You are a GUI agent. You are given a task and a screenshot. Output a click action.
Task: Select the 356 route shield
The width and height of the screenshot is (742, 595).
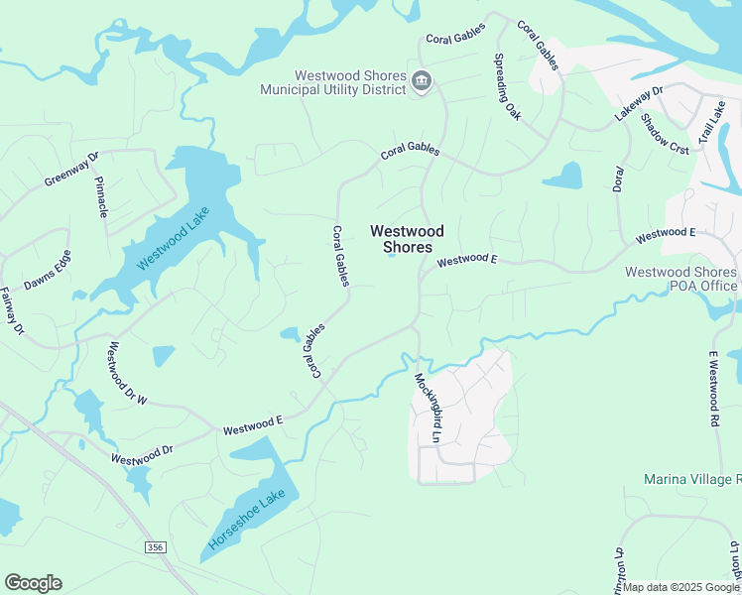[154, 546]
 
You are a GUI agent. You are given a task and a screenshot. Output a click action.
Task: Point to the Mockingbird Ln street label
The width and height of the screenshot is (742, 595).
[427, 407]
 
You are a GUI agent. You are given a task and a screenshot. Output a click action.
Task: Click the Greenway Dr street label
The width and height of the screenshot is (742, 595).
[72, 170]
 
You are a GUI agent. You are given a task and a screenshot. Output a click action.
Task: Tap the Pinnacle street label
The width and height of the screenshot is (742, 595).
[101, 197]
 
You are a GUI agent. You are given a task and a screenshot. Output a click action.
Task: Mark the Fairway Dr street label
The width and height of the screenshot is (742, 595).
[11, 310]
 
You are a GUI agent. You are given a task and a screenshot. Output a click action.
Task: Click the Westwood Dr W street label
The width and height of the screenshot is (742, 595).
[128, 373]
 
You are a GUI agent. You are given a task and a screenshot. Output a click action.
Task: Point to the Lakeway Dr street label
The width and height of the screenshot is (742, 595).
[638, 104]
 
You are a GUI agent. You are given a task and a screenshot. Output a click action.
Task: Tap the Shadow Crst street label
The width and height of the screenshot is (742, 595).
[665, 133]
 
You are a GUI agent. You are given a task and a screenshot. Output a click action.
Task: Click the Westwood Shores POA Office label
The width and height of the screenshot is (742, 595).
[680, 279]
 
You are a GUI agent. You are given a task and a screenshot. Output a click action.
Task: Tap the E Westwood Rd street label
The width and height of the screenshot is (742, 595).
[712, 381]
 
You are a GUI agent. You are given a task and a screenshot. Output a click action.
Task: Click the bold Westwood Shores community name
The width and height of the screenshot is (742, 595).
[407, 239]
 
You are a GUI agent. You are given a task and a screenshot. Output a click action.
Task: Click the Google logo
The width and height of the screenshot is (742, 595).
[33, 583]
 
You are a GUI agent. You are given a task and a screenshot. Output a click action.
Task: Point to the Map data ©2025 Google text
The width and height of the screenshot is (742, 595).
[680, 587]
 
